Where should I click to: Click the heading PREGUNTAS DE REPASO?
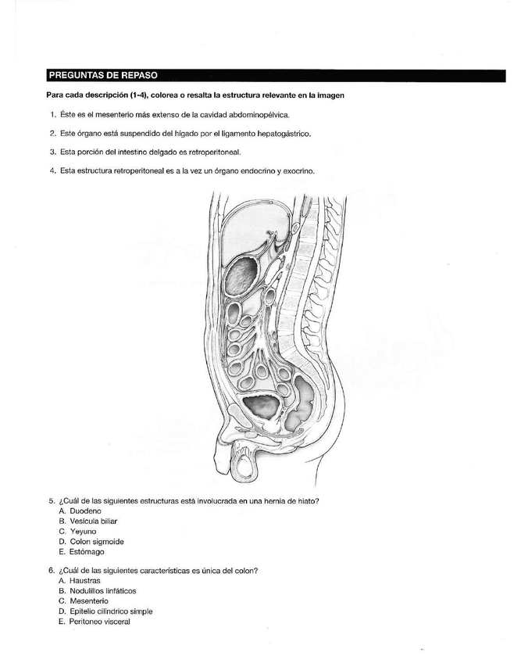coord(103,76)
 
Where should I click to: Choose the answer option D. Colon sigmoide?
coord(91,541)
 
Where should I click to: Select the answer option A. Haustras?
coord(80,581)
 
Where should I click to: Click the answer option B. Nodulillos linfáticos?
coord(98,591)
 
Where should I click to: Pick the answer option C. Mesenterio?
coord(84,601)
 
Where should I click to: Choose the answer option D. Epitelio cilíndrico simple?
coord(105,611)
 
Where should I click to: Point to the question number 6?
coord(51,571)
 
